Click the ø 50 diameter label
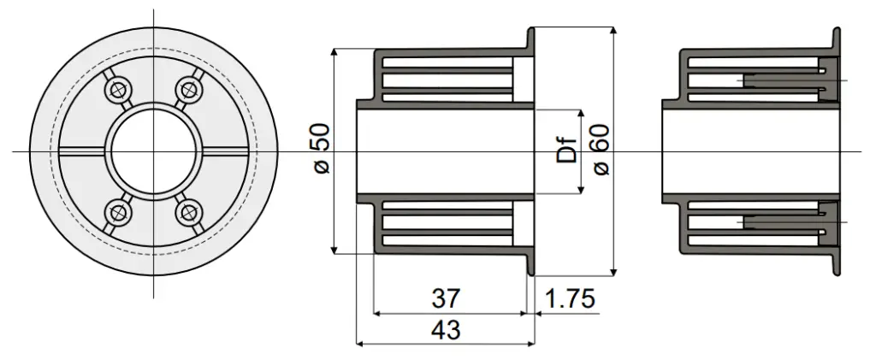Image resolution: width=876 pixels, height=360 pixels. click(323, 149)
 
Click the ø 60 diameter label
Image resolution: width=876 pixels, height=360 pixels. click(601, 150)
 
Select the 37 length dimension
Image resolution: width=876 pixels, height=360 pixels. click(446, 298)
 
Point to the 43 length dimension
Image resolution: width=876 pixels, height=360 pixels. click(446, 330)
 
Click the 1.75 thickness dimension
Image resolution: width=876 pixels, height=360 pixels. click(569, 298)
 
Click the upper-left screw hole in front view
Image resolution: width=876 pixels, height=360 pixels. click(117, 89)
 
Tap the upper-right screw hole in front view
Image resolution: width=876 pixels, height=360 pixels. click(188, 89)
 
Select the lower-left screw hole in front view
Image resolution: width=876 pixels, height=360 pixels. click(117, 213)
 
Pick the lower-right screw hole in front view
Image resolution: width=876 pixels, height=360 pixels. click(188, 213)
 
